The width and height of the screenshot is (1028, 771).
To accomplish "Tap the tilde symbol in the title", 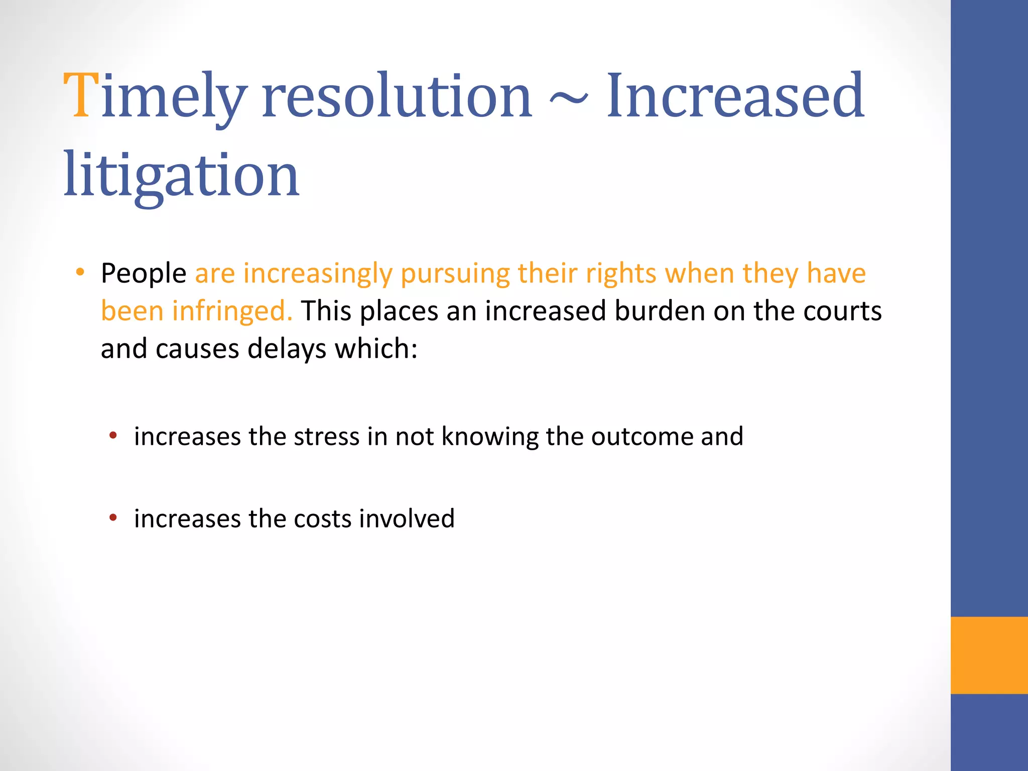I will pyautogui.click(x=568, y=97).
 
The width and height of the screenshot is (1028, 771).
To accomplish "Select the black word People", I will pyautogui.click(x=144, y=274).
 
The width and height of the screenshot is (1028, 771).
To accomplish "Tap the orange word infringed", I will pyautogui.click(x=232, y=312).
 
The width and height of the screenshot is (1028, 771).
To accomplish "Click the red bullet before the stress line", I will pyautogui.click(x=113, y=435).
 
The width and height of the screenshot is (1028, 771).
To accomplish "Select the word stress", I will pyautogui.click(x=326, y=436).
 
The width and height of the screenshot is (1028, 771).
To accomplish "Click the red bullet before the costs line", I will pyautogui.click(x=113, y=517).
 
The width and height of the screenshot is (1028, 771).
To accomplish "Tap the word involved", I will pyautogui.click(x=407, y=519).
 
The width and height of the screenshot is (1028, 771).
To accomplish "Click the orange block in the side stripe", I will pyautogui.click(x=989, y=655).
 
